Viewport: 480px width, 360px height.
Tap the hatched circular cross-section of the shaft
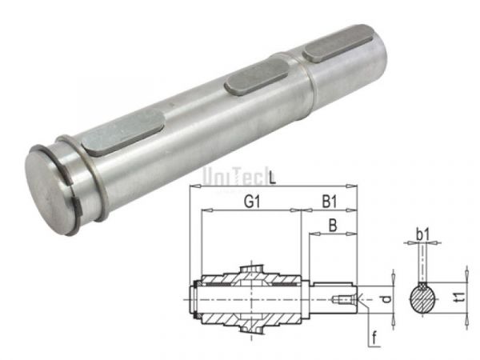(x=423, y=299)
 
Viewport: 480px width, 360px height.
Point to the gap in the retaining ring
(x=78, y=210)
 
